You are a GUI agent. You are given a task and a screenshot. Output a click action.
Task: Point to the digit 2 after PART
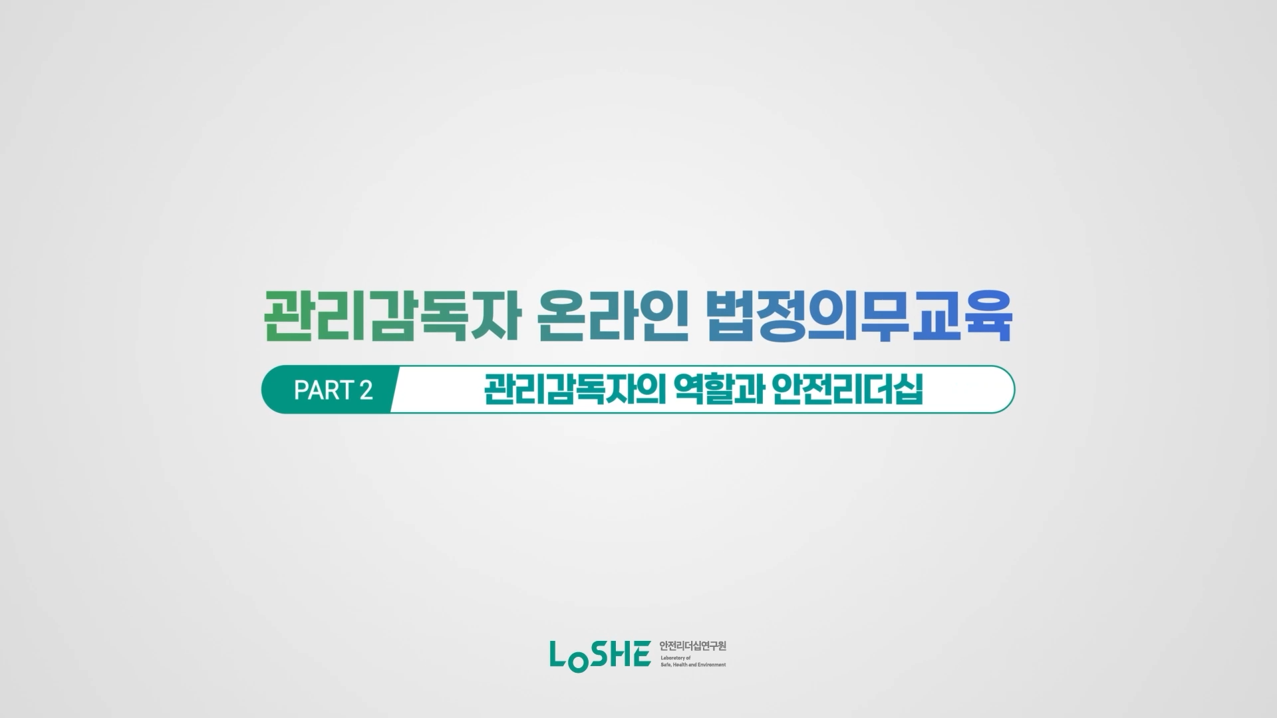pos(366,390)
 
